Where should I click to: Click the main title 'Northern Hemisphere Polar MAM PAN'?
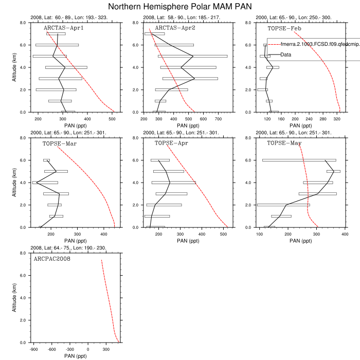[x=180, y=7]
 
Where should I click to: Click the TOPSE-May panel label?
[x=284, y=143]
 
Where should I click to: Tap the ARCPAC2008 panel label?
[x=52, y=258]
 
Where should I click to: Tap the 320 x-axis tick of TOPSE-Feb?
[x=337, y=118]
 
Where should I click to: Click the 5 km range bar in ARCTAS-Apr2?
[x=192, y=56]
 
